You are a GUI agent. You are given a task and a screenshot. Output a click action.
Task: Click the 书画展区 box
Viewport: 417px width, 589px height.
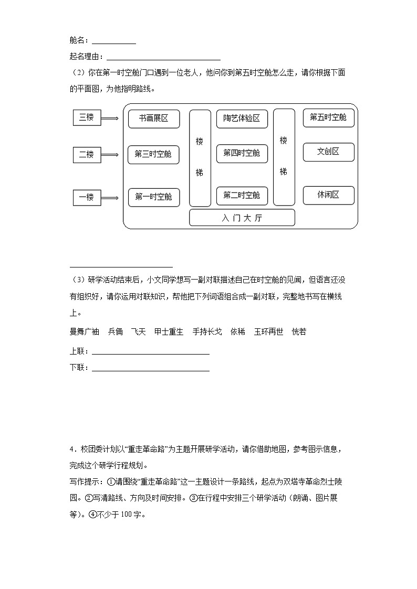[154, 119]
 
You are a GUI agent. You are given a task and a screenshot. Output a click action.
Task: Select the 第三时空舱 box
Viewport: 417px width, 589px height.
[153, 154]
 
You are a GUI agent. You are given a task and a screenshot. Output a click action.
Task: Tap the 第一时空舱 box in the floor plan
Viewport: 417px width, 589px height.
[153, 197]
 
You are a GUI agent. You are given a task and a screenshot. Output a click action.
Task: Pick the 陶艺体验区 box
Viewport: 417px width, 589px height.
[242, 119]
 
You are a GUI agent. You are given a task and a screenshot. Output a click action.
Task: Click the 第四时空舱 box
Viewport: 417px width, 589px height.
[242, 153]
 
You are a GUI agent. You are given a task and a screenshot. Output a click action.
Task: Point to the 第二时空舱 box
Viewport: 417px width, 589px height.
[242, 196]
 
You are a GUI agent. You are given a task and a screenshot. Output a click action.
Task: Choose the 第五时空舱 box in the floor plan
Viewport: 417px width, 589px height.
[328, 117]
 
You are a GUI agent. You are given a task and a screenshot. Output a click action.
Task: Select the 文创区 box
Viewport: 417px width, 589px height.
[328, 152]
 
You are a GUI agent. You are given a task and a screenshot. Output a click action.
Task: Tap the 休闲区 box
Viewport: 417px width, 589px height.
[328, 195]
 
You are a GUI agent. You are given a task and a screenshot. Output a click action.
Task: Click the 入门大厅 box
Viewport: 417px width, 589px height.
[242, 218]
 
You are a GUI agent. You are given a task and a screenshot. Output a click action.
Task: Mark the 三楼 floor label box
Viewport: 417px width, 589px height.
[86, 118]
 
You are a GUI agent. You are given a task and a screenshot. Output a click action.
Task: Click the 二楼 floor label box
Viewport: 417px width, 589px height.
[86, 155]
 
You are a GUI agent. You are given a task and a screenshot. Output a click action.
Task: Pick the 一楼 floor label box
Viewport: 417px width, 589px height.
[86, 198]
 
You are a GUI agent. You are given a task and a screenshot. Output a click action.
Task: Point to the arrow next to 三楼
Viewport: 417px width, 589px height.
[110, 119]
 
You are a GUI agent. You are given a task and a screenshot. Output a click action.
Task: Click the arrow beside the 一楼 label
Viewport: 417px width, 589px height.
[110, 198]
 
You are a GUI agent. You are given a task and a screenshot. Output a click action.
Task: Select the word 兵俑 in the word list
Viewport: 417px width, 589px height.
[116, 331]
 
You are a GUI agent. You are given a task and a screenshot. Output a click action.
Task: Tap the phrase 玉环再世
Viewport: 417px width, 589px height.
[268, 331]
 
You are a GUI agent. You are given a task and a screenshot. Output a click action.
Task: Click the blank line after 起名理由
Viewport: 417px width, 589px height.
[163, 59]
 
